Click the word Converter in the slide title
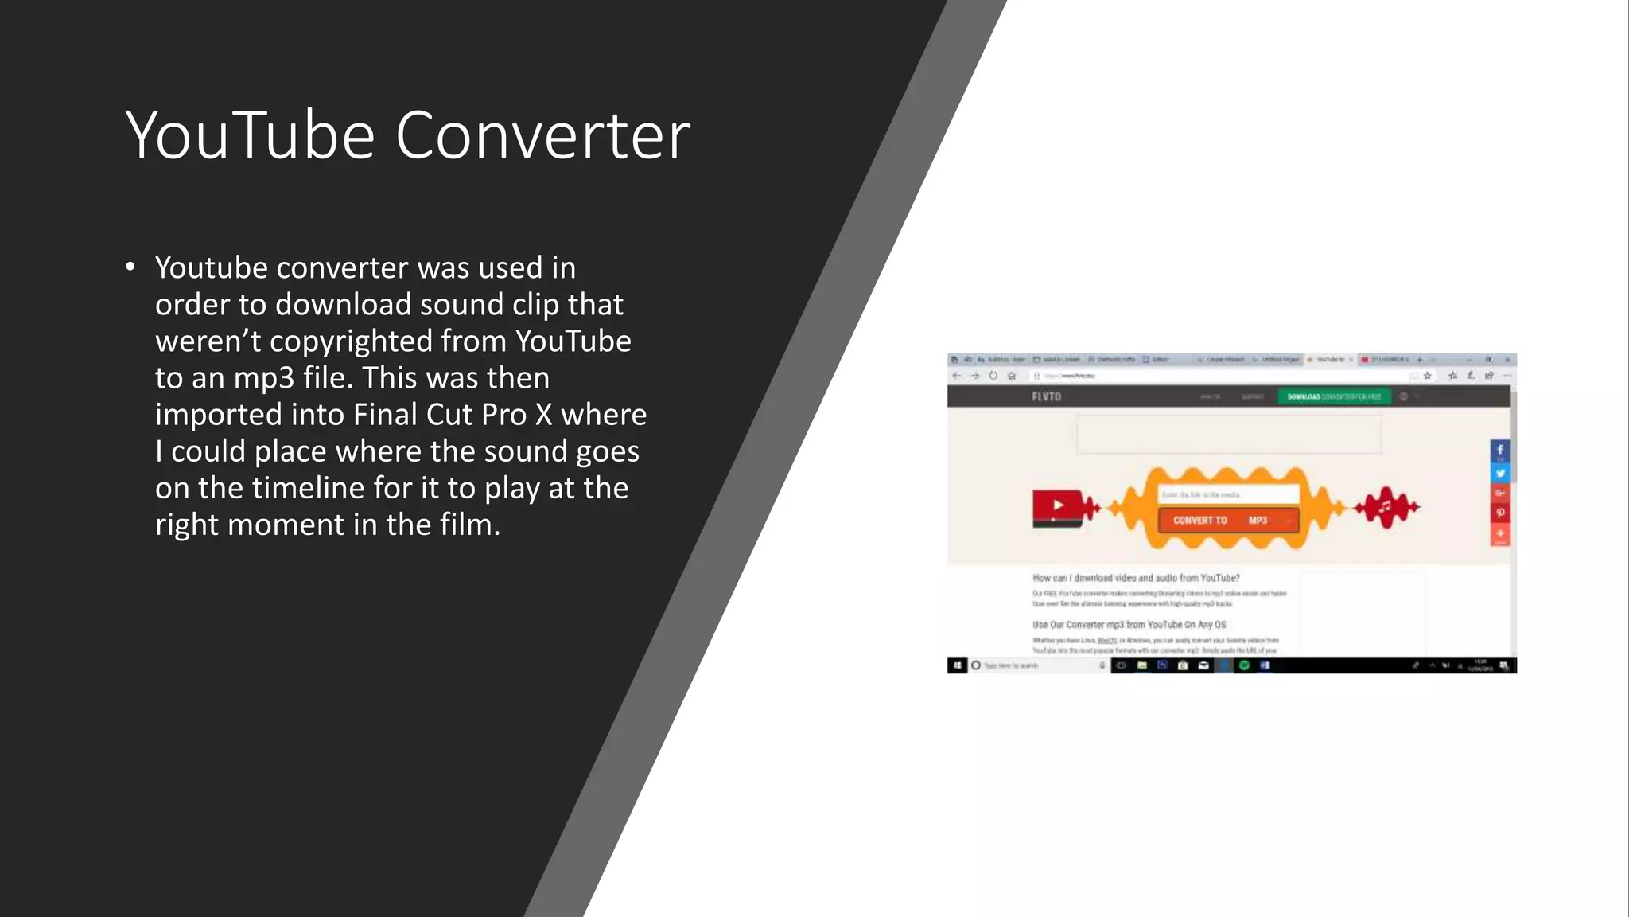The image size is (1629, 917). (x=542, y=135)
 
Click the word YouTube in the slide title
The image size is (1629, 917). (x=250, y=135)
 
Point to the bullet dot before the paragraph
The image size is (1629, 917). (x=130, y=267)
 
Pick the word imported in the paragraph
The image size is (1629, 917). (x=219, y=415)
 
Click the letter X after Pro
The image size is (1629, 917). (x=543, y=415)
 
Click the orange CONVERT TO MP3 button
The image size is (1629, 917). (x=1227, y=521)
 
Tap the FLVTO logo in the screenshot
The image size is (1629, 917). (x=1046, y=396)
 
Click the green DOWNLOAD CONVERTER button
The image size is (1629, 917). (x=1334, y=396)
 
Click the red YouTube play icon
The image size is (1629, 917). (x=1057, y=506)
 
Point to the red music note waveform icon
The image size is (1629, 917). (x=1386, y=507)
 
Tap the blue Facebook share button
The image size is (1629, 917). (x=1499, y=451)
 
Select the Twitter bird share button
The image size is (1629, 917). (x=1499, y=473)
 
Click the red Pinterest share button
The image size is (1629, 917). (x=1499, y=513)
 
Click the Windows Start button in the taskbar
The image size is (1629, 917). (x=957, y=665)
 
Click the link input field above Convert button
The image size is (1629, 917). (x=1227, y=494)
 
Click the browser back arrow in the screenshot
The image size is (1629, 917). (x=956, y=376)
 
